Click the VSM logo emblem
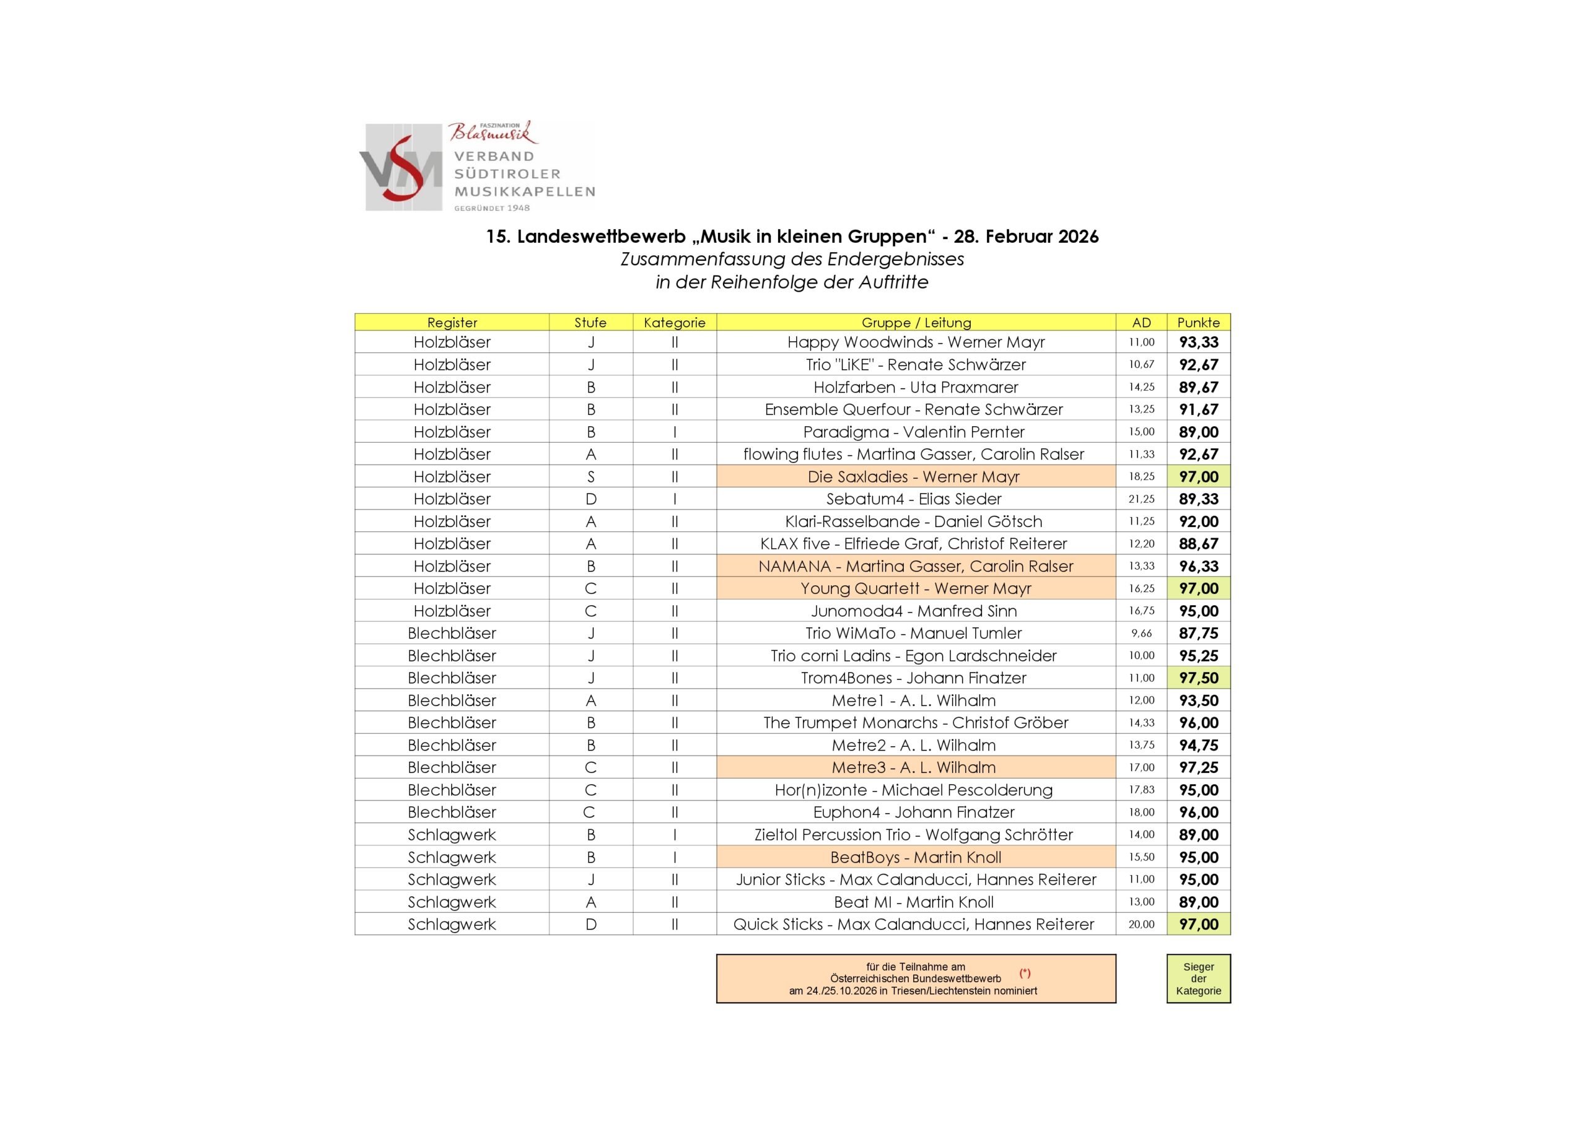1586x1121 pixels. click(x=403, y=168)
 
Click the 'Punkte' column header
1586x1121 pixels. click(x=1198, y=322)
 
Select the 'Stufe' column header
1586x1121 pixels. click(x=590, y=322)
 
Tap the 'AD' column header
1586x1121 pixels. click(x=1141, y=322)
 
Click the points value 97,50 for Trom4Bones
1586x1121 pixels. click(x=1198, y=678)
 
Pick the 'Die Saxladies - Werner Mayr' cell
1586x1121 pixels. click(x=913, y=477)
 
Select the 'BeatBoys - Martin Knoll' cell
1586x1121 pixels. click(x=915, y=857)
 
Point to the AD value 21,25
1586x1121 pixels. click(x=1141, y=499)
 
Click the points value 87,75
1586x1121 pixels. click(x=1198, y=633)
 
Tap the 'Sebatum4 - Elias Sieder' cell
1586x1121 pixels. click(x=913, y=499)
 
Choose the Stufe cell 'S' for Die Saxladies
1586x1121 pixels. click(x=590, y=477)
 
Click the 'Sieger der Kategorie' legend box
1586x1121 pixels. click(x=1198, y=978)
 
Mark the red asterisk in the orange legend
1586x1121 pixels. click(x=1025, y=972)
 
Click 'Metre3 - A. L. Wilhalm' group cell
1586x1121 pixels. click(x=913, y=767)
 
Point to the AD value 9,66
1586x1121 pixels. click(x=1141, y=633)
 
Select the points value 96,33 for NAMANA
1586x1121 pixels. click(x=1198, y=565)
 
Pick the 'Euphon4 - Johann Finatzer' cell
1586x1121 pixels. click(x=913, y=812)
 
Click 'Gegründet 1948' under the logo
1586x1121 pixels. click(x=492, y=208)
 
